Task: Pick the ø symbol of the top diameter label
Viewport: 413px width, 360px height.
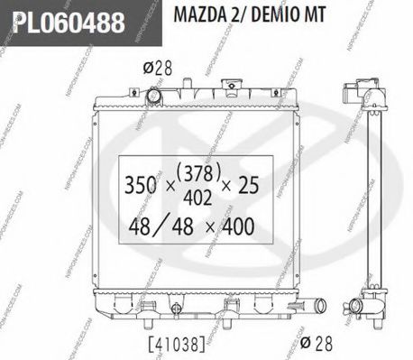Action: tap(147, 66)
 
